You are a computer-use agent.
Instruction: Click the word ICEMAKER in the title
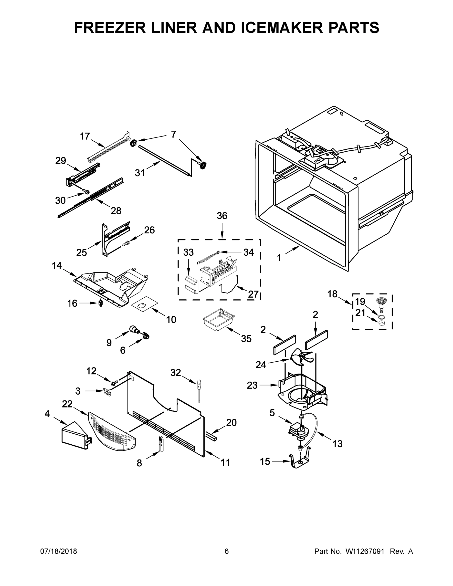(x=282, y=28)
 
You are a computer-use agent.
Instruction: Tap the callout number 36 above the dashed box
(x=222, y=216)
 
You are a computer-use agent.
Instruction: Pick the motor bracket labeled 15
(x=300, y=461)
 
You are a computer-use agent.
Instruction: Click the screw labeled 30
(x=86, y=192)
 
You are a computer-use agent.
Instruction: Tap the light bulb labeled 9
(x=134, y=329)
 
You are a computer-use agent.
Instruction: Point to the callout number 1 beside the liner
(x=279, y=258)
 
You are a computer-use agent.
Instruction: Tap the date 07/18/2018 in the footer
(x=59, y=551)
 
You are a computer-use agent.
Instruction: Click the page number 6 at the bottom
(x=227, y=551)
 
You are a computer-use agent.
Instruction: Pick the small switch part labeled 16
(x=101, y=303)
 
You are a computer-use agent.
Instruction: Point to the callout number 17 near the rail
(x=85, y=136)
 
